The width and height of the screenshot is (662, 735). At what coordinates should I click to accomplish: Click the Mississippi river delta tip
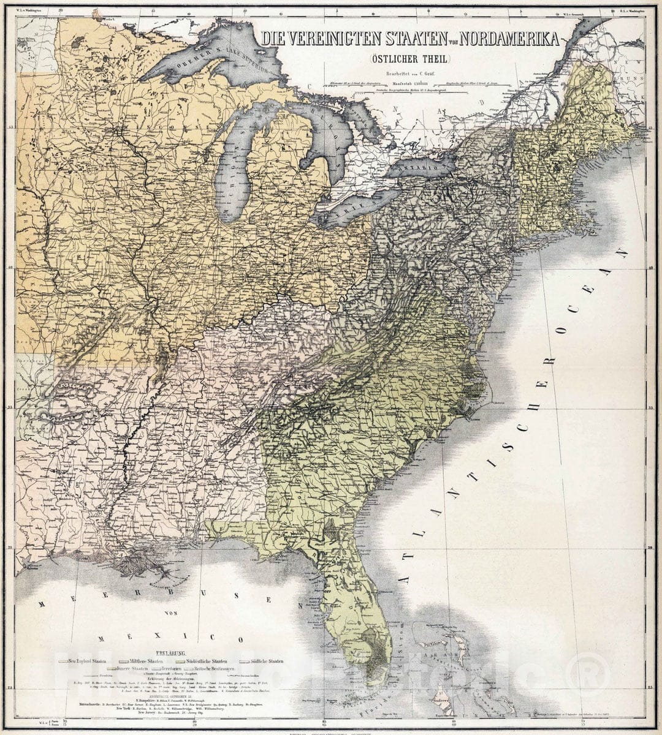tap(165, 578)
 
